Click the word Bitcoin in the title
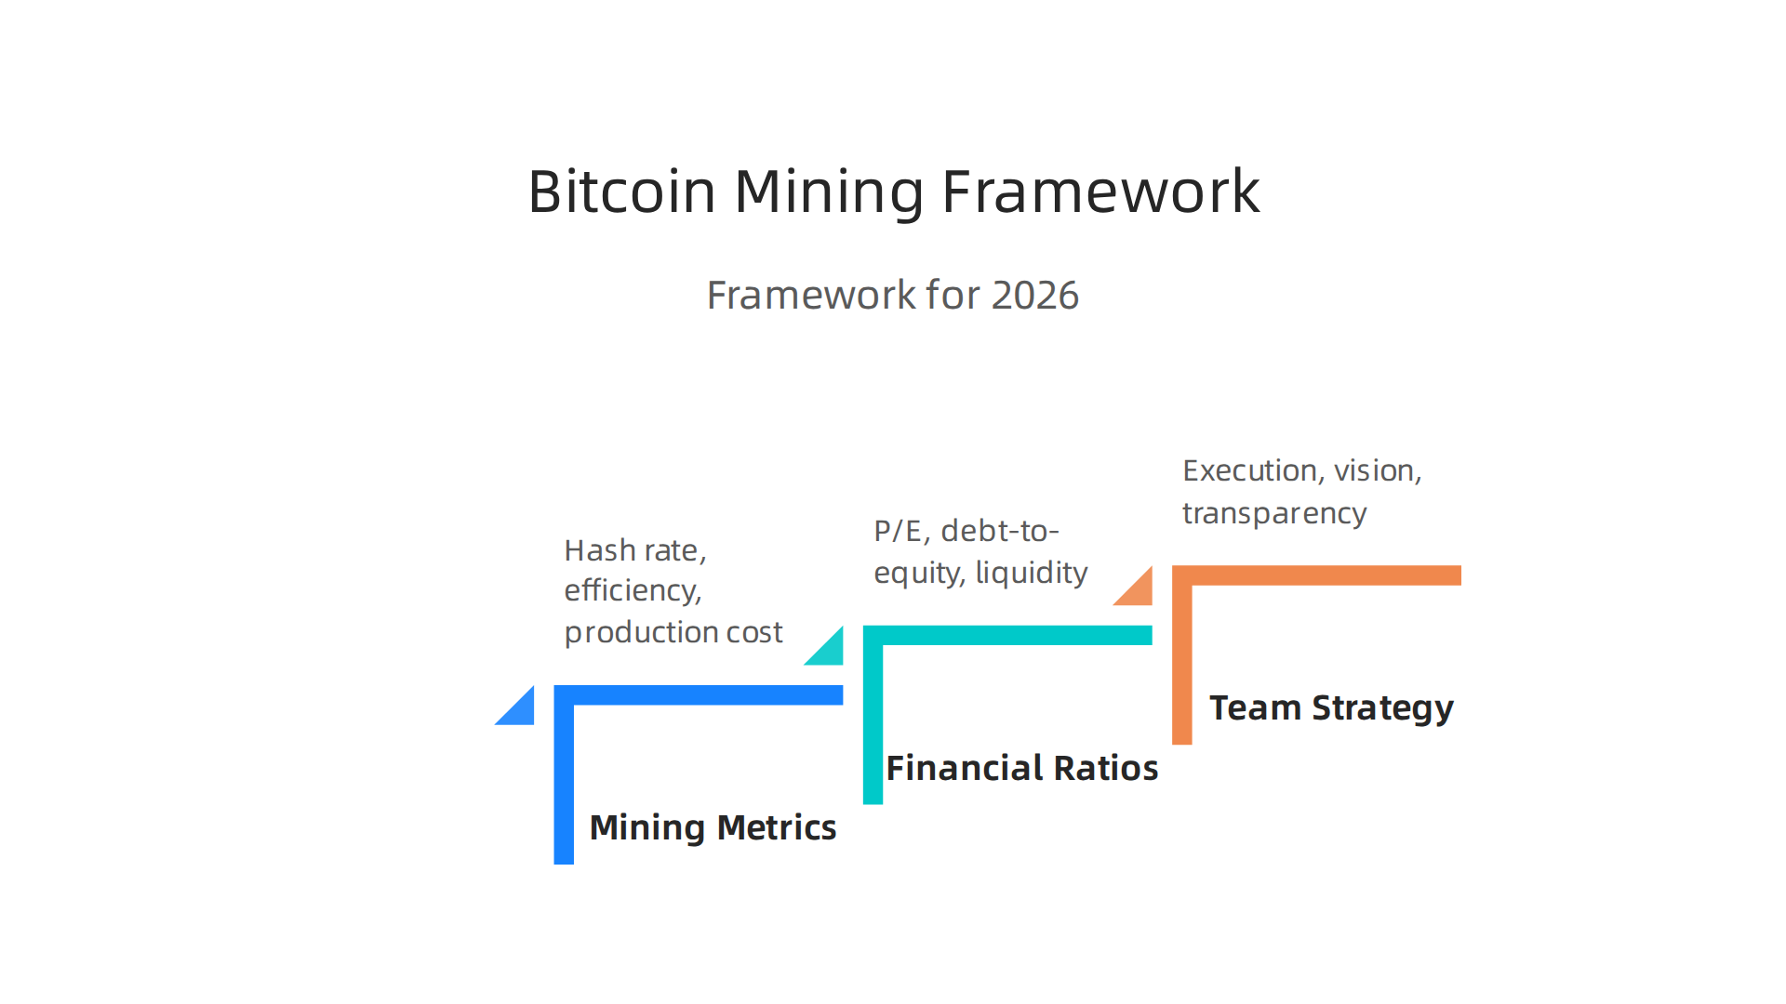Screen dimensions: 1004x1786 (x=621, y=192)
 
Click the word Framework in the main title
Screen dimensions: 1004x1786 (x=1100, y=192)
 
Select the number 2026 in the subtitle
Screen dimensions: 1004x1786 (x=1034, y=296)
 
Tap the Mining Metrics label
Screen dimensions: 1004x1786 (x=713, y=827)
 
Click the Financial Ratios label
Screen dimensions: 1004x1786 (x=1021, y=768)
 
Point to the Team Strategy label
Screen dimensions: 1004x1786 (x=1330, y=708)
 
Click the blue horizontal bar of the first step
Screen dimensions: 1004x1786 (x=707, y=695)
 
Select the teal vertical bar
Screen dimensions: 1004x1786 (x=873, y=725)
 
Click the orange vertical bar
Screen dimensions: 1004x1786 (x=1181, y=665)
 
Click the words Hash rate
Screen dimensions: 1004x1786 (x=633, y=550)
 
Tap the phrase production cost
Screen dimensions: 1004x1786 (x=673, y=632)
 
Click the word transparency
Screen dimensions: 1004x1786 (x=1273, y=513)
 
